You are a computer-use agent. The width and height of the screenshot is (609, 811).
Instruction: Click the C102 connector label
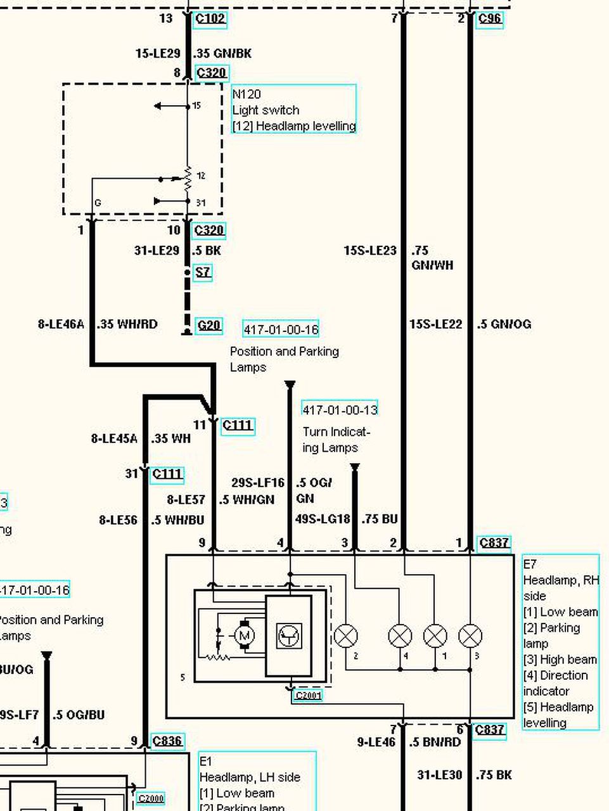pos(210,18)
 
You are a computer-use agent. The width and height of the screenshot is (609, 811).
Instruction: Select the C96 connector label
pos(489,18)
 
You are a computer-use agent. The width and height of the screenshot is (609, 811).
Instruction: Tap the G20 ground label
pos(208,326)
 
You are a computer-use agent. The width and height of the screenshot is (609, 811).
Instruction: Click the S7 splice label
pos(202,272)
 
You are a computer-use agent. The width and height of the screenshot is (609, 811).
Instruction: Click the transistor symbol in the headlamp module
pos(289,635)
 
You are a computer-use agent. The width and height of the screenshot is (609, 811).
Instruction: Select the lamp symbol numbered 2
pos(346,635)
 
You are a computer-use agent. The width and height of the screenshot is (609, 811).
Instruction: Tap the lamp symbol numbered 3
pos(470,635)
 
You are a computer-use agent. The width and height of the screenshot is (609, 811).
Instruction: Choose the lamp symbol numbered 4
pos(400,635)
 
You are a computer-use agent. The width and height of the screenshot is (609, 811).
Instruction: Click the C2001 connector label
pos(308,696)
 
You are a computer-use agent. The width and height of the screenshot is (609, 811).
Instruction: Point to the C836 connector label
pos(167,741)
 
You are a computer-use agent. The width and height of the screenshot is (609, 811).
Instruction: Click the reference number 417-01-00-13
pos(340,410)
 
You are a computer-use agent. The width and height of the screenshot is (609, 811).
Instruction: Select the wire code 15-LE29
pos(158,54)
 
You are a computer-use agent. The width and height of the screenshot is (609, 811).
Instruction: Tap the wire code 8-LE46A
pos(61,324)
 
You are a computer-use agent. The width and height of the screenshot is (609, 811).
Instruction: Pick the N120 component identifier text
pos(247,94)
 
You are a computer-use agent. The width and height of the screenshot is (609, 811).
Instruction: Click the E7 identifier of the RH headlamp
pos(530,564)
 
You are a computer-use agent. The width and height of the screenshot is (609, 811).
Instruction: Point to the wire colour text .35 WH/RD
pos(127,324)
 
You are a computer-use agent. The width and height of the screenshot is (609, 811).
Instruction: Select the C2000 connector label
pos(151,799)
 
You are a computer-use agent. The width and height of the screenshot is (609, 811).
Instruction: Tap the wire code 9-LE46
pos(376,742)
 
